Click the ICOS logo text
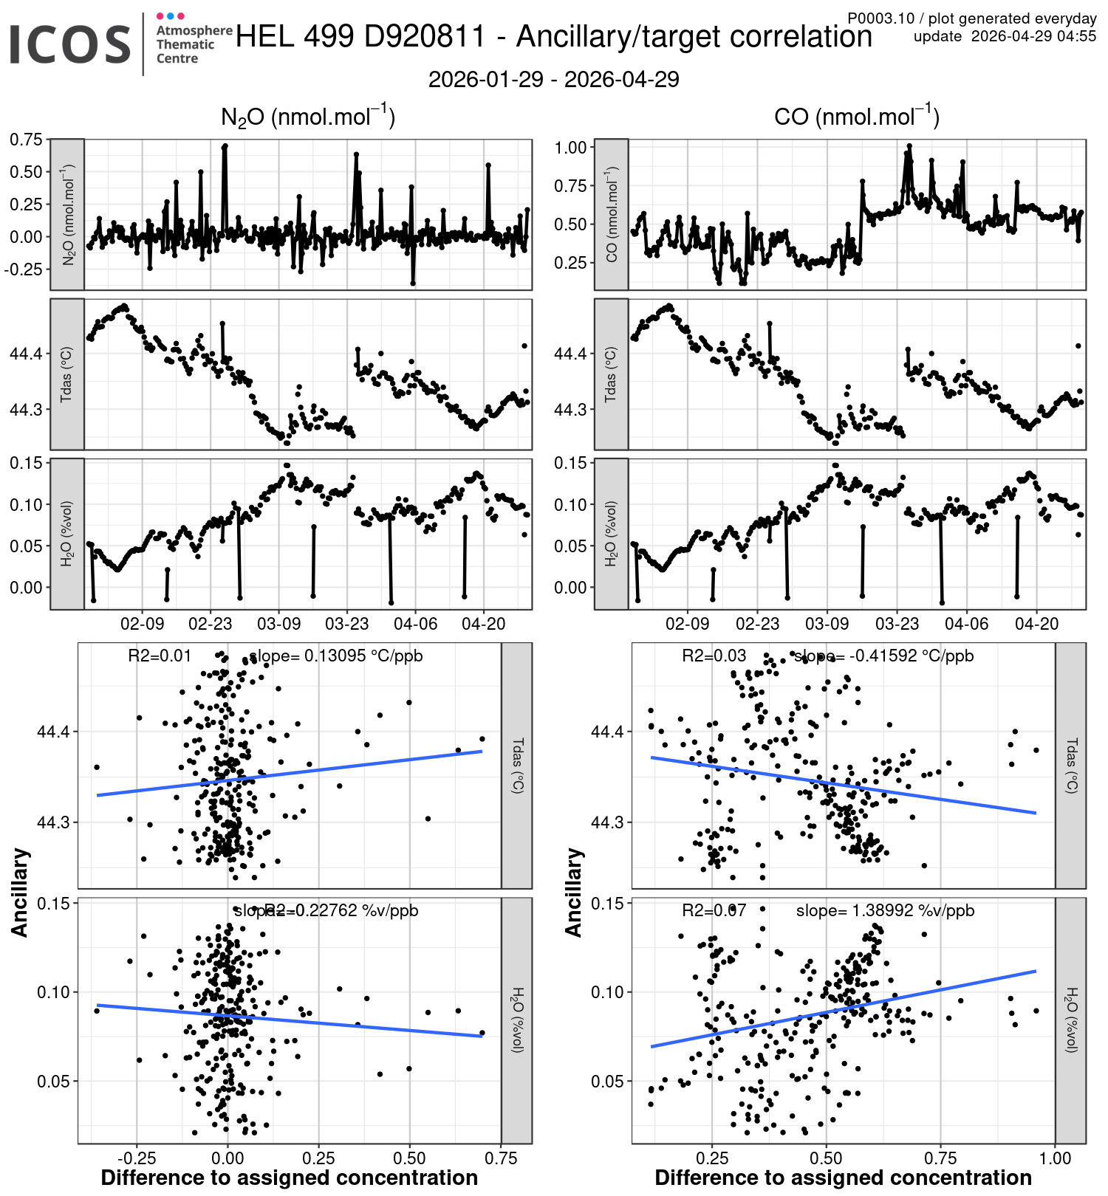point(70,44)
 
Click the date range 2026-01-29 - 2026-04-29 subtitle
point(553,80)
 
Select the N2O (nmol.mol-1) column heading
point(308,117)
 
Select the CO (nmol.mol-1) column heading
point(856,117)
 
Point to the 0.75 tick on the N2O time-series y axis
point(26,140)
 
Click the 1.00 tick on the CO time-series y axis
point(570,147)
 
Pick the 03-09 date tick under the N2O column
point(278,624)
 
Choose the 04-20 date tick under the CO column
point(1036,624)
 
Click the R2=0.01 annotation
point(160,656)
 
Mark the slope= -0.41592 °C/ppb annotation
point(883,656)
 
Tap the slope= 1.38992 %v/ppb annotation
point(885,911)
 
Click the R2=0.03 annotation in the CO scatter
point(714,656)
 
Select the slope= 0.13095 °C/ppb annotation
point(336,656)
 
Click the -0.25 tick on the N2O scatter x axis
point(136,1158)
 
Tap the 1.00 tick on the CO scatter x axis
point(1055,1158)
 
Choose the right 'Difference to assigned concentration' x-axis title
point(843,1178)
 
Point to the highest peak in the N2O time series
point(225,146)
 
